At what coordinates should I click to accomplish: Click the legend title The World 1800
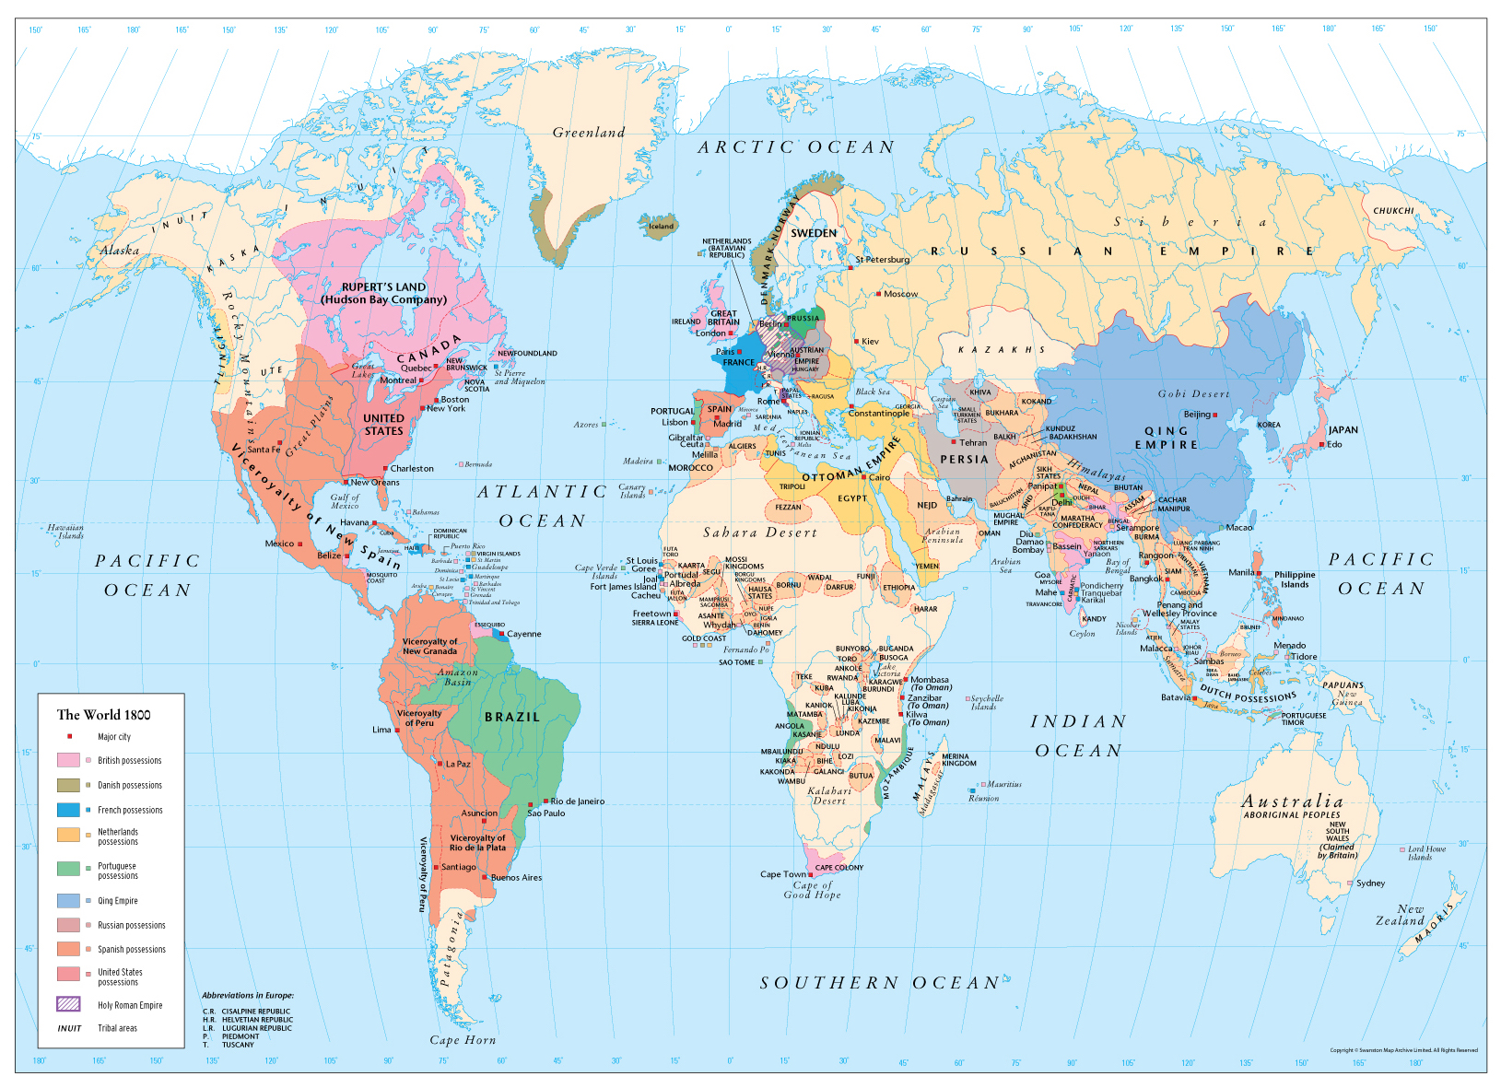tap(103, 715)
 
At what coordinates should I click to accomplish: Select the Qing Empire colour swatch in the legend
tap(69, 901)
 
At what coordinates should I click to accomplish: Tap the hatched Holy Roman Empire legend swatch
tap(69, 1004)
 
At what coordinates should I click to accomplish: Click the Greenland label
tap(588, 133)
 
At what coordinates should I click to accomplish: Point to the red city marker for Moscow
tap(879, 294)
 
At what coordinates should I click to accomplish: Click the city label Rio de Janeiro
tap(578, 801)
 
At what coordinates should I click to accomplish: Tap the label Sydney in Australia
tap(1370, 883)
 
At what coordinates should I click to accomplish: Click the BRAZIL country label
tap(512, 717)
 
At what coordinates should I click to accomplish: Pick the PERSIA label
tap(964, 459)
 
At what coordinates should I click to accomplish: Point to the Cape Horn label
tap(463, 1040)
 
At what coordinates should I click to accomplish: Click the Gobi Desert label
tap(1193, 394)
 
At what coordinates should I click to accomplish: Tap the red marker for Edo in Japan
tap(1322, 445)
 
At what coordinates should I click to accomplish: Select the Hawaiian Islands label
tap(66, 532)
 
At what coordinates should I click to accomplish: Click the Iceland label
tap(661, 226)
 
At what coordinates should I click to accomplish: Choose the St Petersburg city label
tap(882, 260)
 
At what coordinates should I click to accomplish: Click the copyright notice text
tap(1403, 1050)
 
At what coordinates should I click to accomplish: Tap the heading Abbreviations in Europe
tap(248, 996)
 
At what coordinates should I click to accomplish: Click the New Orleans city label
tap(375, 482)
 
